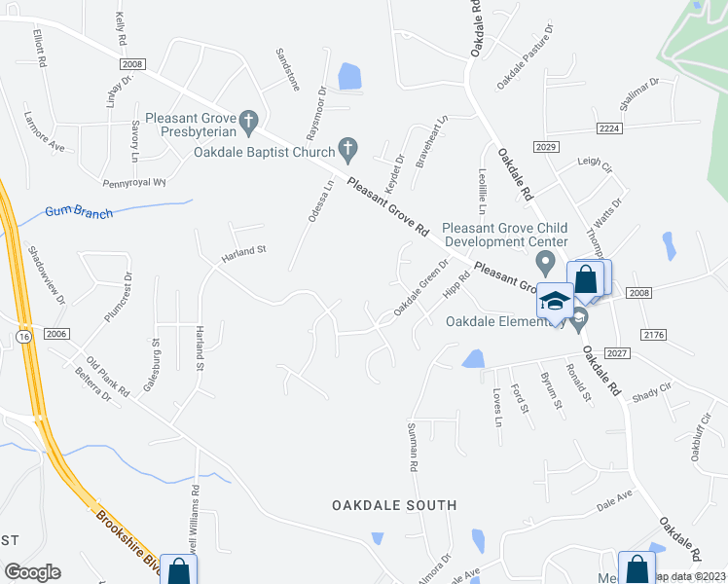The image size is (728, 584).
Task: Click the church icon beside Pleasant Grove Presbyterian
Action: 248,121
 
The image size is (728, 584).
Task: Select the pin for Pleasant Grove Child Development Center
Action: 546,263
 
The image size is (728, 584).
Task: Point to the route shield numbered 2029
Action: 545,145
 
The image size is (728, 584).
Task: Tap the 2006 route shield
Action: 57,333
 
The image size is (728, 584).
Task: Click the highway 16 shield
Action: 20,335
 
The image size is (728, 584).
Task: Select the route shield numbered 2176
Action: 653,334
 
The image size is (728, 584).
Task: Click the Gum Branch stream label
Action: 79,212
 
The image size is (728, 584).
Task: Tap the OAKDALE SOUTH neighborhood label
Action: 394,505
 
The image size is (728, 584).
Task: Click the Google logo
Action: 31,572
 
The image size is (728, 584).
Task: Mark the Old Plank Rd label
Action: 107,375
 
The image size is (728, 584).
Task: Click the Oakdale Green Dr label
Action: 421,287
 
